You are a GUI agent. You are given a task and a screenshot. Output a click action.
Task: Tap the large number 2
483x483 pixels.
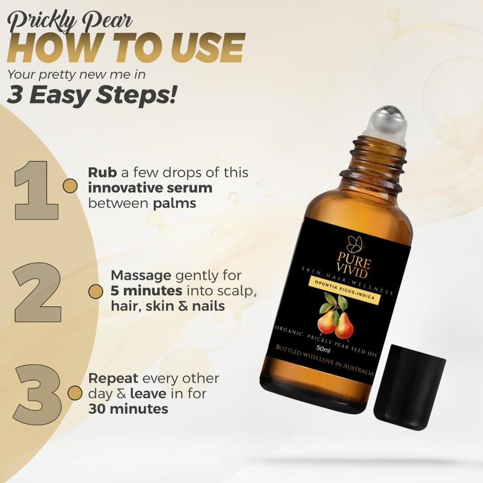coord(38,292)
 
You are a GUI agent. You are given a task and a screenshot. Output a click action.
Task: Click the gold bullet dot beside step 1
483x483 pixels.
coord(70,186)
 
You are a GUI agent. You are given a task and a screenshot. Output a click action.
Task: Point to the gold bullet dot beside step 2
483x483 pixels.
coord(96,292)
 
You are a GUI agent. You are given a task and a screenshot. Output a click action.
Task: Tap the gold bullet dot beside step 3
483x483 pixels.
coord(75,394)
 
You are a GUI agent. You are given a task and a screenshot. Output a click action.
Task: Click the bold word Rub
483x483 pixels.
coord(102,173)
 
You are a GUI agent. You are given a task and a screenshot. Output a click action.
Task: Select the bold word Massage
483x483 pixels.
coord(141,276)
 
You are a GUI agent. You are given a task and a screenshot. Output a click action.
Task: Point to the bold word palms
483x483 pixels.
coord(174,204)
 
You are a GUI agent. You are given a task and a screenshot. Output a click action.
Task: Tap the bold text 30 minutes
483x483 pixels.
coord(128,409)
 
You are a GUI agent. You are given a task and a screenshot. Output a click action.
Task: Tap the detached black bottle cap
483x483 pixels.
coord(410,387)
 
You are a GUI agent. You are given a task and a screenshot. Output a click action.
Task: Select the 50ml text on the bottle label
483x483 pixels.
coord(323,349)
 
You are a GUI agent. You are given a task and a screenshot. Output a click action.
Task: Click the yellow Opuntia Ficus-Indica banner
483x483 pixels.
coord(344,289)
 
